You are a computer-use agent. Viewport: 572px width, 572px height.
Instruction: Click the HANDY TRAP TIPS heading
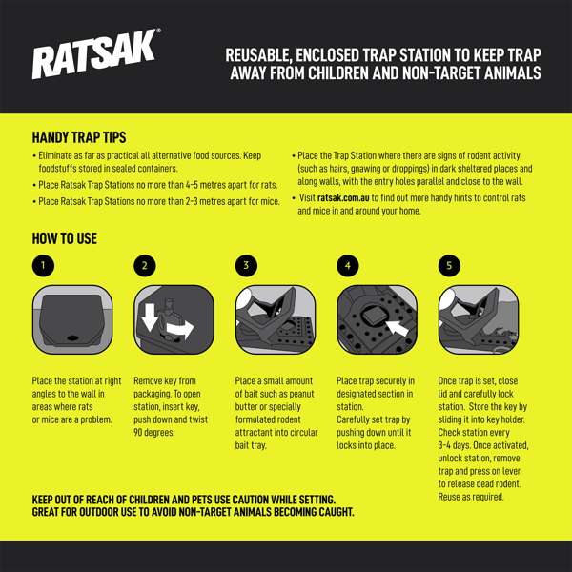79,137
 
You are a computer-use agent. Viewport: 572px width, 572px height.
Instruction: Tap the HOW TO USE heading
65,238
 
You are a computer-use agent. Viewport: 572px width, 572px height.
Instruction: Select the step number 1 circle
43,266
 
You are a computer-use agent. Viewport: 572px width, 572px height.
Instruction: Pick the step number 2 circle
145,266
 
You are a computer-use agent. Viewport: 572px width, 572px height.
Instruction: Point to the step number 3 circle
246,266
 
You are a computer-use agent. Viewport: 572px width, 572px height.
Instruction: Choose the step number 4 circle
348,266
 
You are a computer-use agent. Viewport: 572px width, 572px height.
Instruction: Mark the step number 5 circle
449,266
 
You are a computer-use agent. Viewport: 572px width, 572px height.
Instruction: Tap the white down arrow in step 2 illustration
149,318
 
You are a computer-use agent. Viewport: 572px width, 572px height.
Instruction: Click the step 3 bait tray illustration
276,320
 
